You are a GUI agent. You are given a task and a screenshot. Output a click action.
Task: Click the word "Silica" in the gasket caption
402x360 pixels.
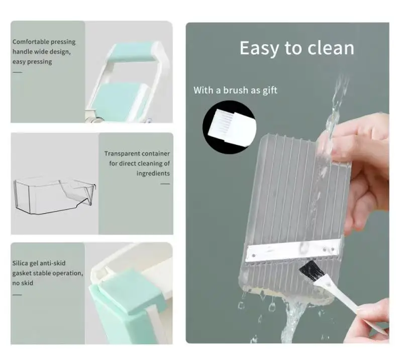(x=20, y=263)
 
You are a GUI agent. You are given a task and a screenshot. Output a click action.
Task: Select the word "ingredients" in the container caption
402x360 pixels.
(x=153, y=173)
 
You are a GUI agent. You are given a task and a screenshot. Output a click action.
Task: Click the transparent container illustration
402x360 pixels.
(x=55, y=196)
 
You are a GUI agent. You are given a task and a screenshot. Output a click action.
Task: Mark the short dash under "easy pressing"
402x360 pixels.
(x=18, y=72)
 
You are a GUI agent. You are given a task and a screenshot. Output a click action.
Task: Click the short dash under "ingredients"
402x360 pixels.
(x=165, y=184)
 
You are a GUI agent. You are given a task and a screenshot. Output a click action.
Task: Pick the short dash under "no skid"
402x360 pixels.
(x=17, y=295)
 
